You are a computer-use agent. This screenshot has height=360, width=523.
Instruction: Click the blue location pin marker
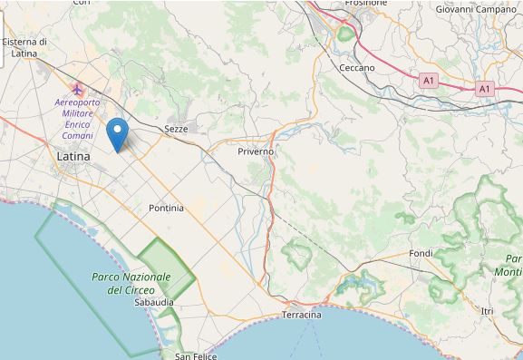(117, 136)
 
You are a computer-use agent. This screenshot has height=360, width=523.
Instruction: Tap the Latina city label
(73, 157)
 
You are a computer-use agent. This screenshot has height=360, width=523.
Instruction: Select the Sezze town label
(176, 130)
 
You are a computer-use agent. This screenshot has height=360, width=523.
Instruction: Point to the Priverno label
(256, 151)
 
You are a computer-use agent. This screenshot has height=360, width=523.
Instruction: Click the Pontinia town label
(166, 208)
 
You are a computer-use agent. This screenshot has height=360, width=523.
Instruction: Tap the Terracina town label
(302, 315)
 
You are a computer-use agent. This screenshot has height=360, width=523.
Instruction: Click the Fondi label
(421, 253)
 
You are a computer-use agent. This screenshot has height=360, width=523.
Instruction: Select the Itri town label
(488, 311)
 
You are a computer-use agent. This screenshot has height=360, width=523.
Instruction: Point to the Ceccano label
(357, 68)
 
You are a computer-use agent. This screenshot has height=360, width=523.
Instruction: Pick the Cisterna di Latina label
(24, 47)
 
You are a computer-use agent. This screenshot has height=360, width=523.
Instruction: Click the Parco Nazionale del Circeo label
(132, 283)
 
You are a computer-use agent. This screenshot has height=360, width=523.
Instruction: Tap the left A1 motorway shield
(429, 81)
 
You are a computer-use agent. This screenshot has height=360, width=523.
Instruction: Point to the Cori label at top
(82, 3)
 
